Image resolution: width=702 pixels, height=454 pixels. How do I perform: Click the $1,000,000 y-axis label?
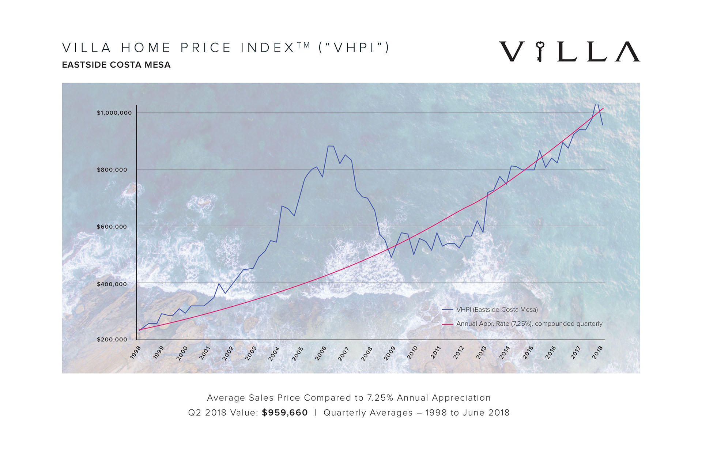114,113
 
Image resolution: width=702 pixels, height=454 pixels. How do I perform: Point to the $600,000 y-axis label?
112,227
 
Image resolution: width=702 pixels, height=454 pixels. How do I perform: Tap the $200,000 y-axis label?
112,339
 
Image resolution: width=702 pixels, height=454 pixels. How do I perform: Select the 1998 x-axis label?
136,353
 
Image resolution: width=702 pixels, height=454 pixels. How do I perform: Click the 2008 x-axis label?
367,353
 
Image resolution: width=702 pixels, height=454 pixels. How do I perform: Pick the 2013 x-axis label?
482,353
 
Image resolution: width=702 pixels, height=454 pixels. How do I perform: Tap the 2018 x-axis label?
597,353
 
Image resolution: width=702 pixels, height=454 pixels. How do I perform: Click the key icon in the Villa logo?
540,51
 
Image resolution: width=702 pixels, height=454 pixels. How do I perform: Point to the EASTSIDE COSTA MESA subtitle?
116,65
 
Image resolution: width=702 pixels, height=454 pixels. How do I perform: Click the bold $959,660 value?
285,413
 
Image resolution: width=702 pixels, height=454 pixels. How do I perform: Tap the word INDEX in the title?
267,48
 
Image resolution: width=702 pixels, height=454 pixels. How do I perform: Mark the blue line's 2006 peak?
331,146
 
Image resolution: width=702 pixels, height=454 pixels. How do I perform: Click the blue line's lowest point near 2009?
391,257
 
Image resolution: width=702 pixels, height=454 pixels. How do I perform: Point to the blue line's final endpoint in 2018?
603,125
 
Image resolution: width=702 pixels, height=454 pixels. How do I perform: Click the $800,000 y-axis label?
112,170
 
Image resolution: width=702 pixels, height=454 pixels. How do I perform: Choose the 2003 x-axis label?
251,353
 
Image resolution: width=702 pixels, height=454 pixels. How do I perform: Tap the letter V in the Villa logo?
512,52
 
